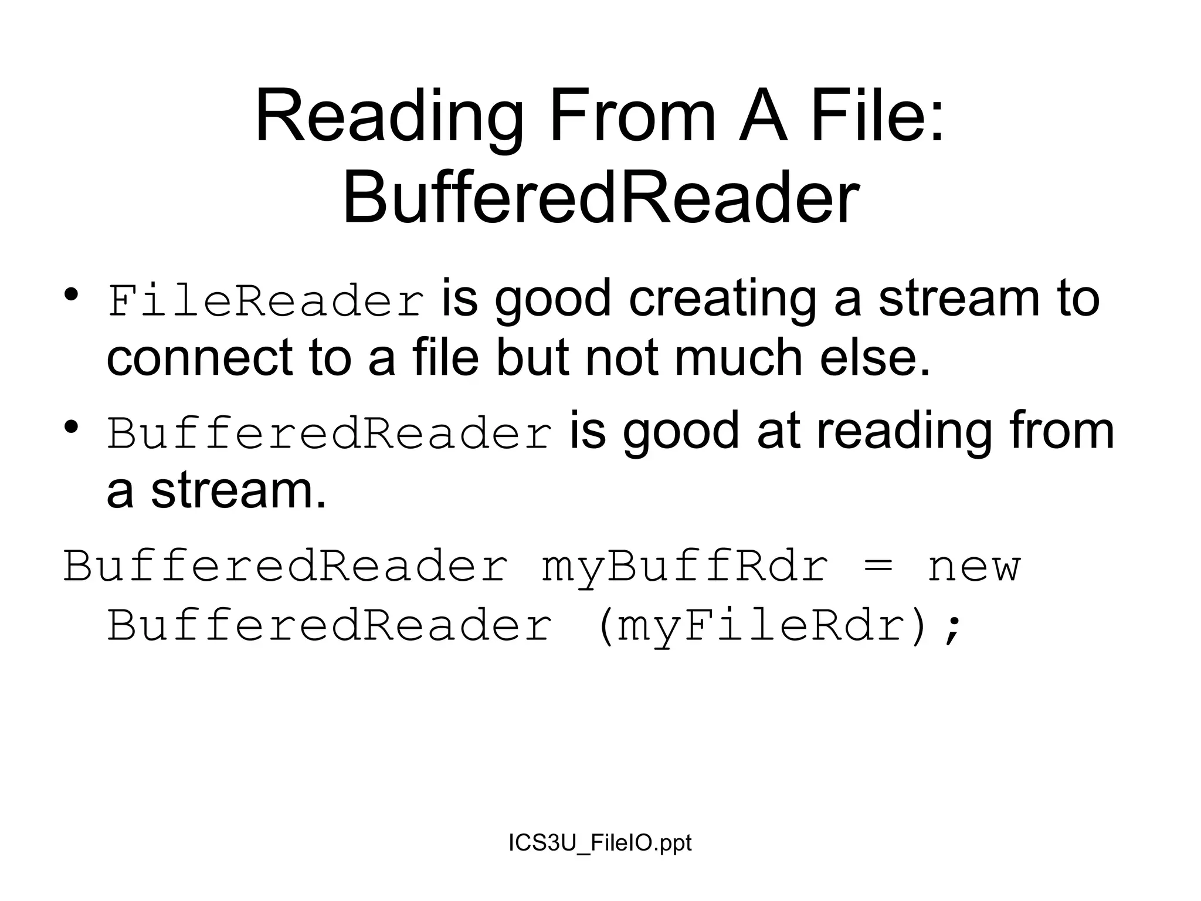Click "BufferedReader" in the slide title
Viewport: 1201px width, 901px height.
[600, 197]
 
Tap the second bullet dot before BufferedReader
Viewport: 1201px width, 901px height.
[72, 426]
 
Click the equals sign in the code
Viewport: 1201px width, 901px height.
[878, 568]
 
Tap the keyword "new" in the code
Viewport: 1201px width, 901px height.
[974, 568]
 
